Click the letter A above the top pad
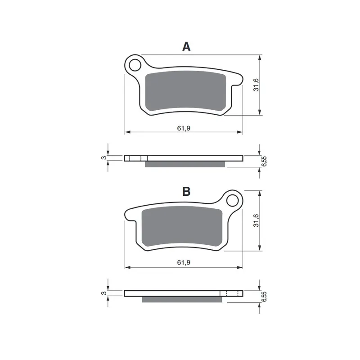point(186,47)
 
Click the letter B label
point(186,191)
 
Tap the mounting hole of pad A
point(135,65)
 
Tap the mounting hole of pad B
point(232,201)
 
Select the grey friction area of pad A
point(185,91)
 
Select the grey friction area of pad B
point(182,226)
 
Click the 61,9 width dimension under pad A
point(184,128)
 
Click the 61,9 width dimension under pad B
point(184,262)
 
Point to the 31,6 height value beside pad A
point(256,85)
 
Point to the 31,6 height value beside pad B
point(256,220)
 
